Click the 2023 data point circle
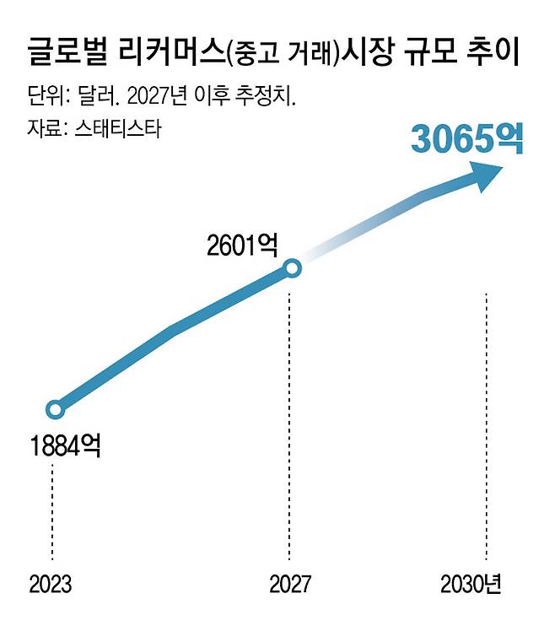pyautogui.click(x=55, y=410)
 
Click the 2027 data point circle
pyautogui.click(x=291, y=268)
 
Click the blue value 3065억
pyautogui.click(x=466, y=139)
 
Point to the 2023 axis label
pyautogui.click(x=51, y=584)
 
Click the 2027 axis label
pyautogui.click(x=289, y=584)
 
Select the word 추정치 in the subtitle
pyautogui.click(x=265, y=95)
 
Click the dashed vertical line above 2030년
pyautogui.click(x=487, y=422)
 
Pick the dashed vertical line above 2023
pyautogui.click(x=52, y=506)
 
